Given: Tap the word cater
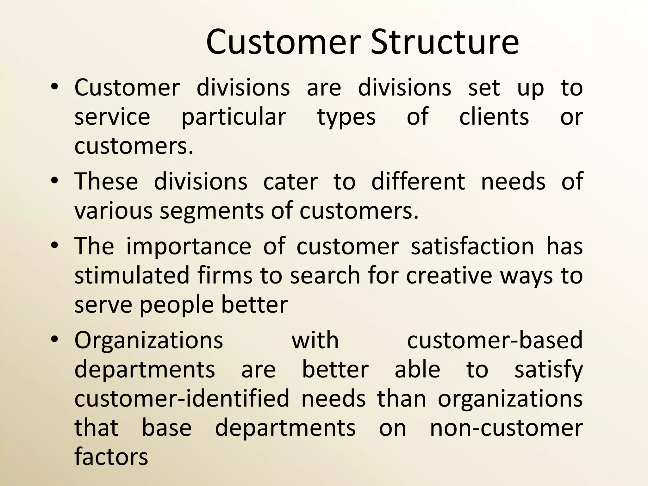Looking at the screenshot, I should [290, 182].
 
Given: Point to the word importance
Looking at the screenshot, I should [189, 246].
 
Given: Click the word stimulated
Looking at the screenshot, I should [132, 275].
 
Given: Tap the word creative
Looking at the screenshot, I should [449, 275].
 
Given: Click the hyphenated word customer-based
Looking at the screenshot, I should [495, 340].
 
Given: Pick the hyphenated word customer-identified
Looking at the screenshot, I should [182, 398].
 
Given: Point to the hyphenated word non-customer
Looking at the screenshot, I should [506, 428].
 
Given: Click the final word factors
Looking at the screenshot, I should [111, 457].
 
